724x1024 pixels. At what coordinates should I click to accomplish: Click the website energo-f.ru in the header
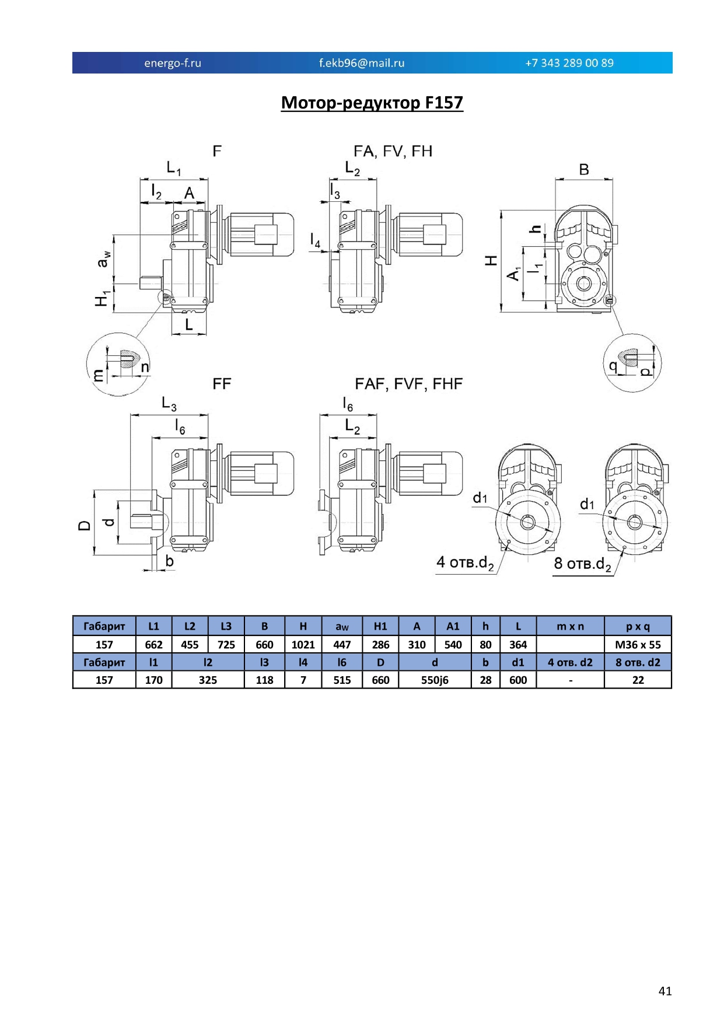[x=173, y=63]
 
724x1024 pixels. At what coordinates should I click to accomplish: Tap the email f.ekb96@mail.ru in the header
[x=362, y=63]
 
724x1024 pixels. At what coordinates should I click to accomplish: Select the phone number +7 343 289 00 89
[x=569, y=63]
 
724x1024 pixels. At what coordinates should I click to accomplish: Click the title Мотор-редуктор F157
[x=372, y=103]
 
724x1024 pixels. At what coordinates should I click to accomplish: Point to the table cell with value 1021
[x=303, y=645]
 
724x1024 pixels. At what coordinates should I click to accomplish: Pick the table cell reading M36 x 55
[x=638, y=645]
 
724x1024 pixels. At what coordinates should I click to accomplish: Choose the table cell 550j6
[x=435, y=680]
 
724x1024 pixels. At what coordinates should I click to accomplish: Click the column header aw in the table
[x=342, y=627]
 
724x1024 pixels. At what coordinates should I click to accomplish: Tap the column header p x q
[x=638, y=627]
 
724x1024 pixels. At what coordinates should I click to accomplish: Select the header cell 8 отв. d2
[x=638, y=662]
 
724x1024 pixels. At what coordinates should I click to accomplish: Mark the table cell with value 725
[x=226, y=645]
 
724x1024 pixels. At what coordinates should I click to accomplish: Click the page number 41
[x=665, y=991]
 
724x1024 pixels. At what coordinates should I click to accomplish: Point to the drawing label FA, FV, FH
[x=393, y=152]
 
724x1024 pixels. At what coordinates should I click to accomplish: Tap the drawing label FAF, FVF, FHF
[x=409, y=384]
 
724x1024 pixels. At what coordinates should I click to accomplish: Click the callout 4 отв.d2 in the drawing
[x=466, y=563]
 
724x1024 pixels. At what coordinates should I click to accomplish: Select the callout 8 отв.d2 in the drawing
[x=583, y=564]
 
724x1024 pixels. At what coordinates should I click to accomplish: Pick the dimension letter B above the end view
[x=584, y=170]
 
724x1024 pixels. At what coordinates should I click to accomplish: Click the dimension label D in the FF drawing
[x=85, y=526]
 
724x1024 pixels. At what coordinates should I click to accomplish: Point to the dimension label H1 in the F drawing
[x=103, y=299]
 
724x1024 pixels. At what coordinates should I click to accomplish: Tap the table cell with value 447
[x=342, y=645]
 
